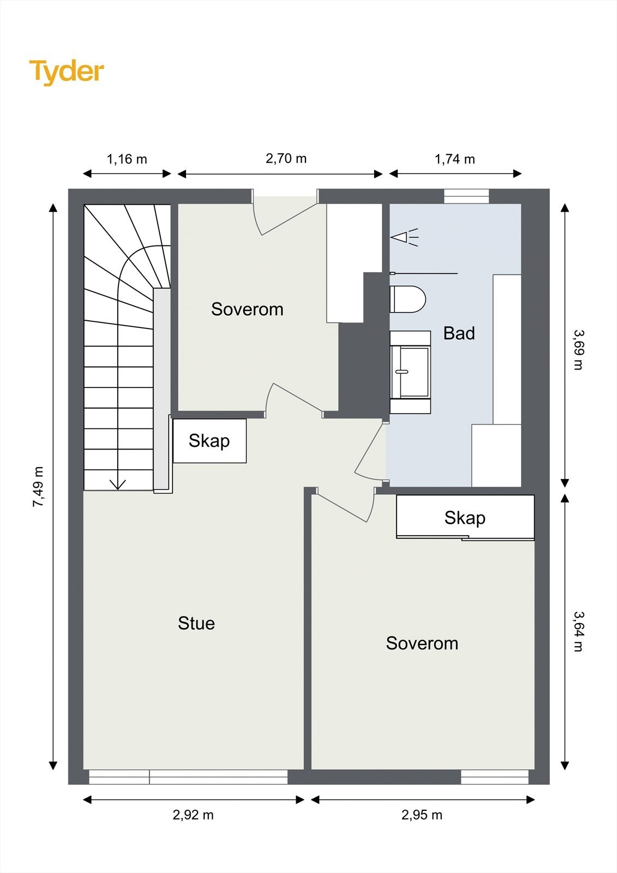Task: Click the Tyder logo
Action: (x=67, y=73)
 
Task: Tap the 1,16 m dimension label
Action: (x=127, y=159)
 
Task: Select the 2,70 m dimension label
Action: (x=286, y=159)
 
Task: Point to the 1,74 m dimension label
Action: (x=455, y=159)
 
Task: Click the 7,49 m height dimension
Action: (x=38, y=487)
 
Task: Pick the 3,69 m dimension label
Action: (x=579, y=350)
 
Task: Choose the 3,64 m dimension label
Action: (x=579, y=631)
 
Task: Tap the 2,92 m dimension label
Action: (x=193, y=815)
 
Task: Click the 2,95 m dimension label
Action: (x=422, y=815)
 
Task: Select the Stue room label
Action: (x=196, y=623)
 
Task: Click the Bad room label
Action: (x=459, y=333)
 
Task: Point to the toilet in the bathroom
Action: (x=408, y=300)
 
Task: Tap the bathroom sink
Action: (x=410, y=372)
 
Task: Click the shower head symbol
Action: (x=404, y=237)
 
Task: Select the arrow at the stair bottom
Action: (x=117, y=484)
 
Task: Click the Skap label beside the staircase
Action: (x=209, y=441)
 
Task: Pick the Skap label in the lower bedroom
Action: (x=465, y=518)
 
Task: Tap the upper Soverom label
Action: (x=247, y=309)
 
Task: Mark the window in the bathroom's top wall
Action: (x=466, y=196)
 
